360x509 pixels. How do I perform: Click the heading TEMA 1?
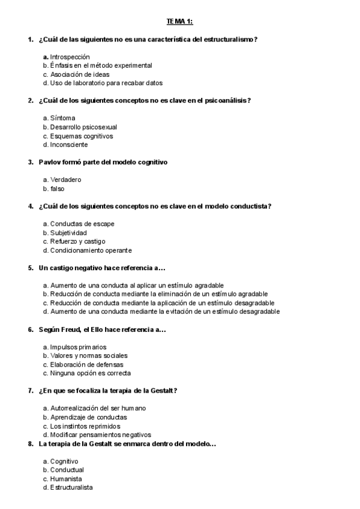click(x=179, y=22)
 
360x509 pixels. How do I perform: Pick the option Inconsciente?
click(x=68, y=145)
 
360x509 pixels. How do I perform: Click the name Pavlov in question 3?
click(x=49, y=162)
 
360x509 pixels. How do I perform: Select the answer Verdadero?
click(x=65, y=179)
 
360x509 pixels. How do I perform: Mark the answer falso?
click(x=57, y=188)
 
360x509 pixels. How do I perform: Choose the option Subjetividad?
click(x=68, y=232)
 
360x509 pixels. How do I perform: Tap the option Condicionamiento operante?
click(x=91, y=250)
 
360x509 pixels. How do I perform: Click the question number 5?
click(x=31, y=268)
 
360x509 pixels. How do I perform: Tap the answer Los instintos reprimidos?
click(x=85, y=426)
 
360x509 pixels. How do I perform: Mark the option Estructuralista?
click(x=71, y=488)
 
